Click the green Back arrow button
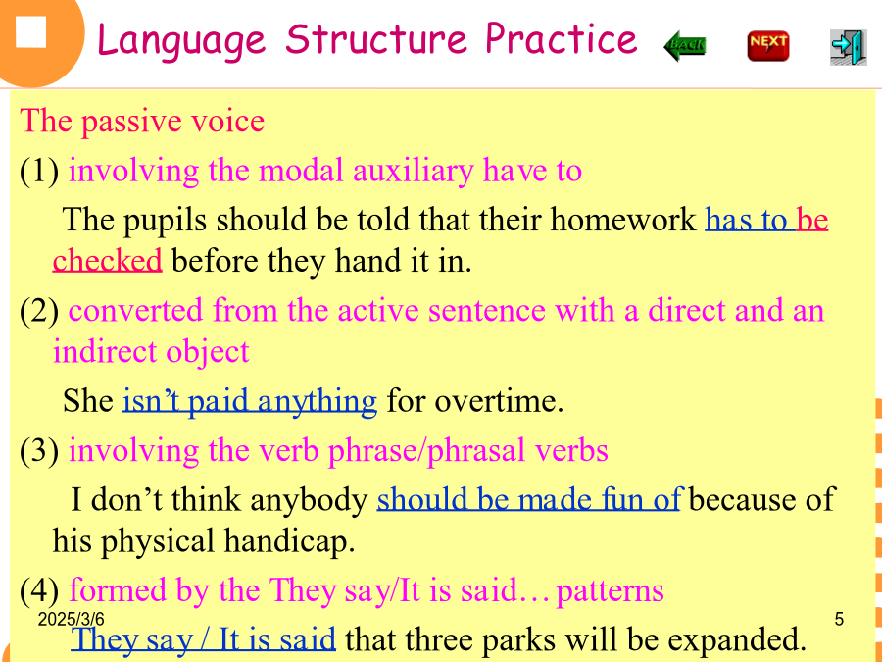coord(685,45)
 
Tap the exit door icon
coord(848,47)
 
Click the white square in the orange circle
coord(31,32)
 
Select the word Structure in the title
coord(375,39)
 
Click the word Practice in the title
coord(561,39)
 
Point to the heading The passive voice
coord(142,121)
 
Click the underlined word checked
coord(108,260)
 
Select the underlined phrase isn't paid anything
coord(250,401)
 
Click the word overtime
coord(500,401)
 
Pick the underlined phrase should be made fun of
coord(530,499)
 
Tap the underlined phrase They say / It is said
coord(203,638)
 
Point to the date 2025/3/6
coord(71,619)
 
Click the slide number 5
coord(839,619)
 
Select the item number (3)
coord(39,450)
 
